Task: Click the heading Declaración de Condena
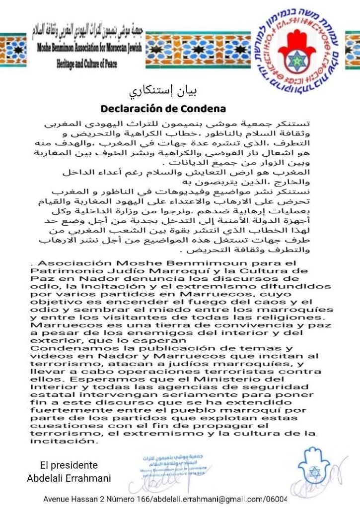click(x=163, y=108)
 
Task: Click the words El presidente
click(x=69, y=465)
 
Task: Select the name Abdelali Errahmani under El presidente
click(x=69, y=477)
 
